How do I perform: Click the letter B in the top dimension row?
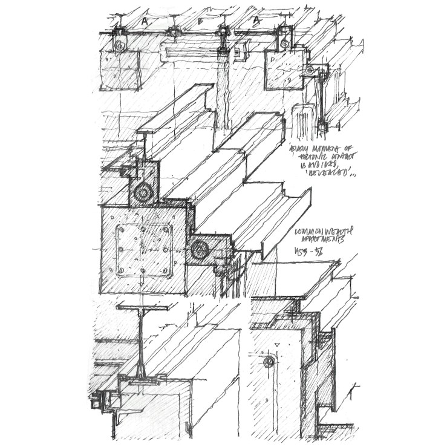click(x=200, y=20)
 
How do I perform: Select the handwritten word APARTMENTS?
click(x=321, y=241)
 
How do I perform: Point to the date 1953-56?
click(x=308, y=251)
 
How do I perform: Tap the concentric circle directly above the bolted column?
click(x=145, y=193)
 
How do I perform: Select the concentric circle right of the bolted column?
click(x=199, y=248)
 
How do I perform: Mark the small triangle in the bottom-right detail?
click(x=276, y=344)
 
